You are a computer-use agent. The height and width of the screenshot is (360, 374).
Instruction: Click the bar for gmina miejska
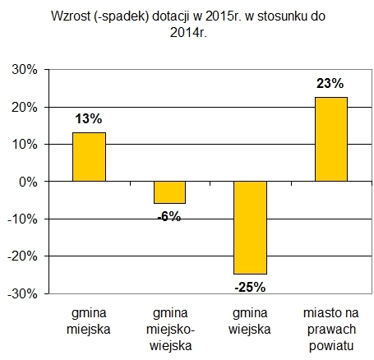click(89, 157)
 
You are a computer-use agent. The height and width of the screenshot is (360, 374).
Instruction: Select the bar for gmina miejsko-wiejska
click(169, 192)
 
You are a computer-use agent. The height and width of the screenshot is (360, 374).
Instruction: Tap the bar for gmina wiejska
click(250, 228)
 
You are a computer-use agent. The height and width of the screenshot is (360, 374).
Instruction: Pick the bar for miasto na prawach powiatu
click(331, 139)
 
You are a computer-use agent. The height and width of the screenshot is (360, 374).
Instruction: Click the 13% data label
click(89, 119)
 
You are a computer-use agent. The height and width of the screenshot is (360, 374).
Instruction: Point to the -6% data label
click(169, 217)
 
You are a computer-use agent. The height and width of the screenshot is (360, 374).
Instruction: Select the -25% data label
click(250, 288)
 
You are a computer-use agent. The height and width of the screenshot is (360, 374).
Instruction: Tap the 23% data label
click(330, 83)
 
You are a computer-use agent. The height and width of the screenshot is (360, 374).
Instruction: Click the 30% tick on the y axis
click(25, 70)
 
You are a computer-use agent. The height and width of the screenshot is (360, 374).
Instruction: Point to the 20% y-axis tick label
click(25, 107)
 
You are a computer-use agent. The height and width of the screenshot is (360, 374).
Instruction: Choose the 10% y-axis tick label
click(25, 145)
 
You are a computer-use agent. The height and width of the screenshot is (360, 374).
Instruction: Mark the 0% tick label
click(28, 182)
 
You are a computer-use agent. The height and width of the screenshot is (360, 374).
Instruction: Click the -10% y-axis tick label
click(22, 219)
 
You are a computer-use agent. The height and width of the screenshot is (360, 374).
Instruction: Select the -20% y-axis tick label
click(22, 256)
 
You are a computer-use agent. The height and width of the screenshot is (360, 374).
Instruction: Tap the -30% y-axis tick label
click(22, 294)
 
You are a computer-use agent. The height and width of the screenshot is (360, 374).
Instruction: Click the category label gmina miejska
click(89, 321)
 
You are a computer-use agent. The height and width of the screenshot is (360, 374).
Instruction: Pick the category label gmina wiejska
click(250, 321)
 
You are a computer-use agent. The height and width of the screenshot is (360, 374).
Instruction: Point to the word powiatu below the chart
click(331, 346)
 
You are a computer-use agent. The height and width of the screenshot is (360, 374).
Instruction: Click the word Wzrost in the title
click(71, 16)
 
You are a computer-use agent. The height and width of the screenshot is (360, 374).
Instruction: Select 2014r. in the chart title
click(188, 33)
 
